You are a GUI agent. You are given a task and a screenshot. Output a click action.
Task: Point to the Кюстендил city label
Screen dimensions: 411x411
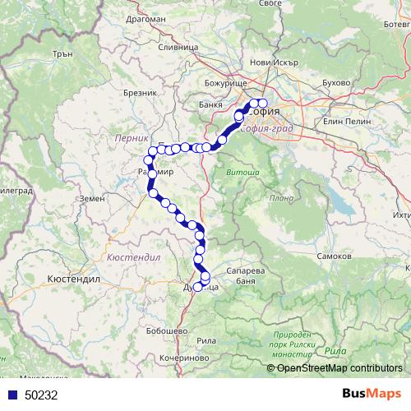[x=74, y=279]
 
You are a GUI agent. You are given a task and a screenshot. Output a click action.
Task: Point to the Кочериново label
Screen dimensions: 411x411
[x=182, y=359]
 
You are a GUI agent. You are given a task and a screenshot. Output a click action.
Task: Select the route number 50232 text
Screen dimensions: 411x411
[x=40, y=395]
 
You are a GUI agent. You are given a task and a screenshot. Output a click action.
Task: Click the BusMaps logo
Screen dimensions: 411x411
[x=372, y=394]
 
